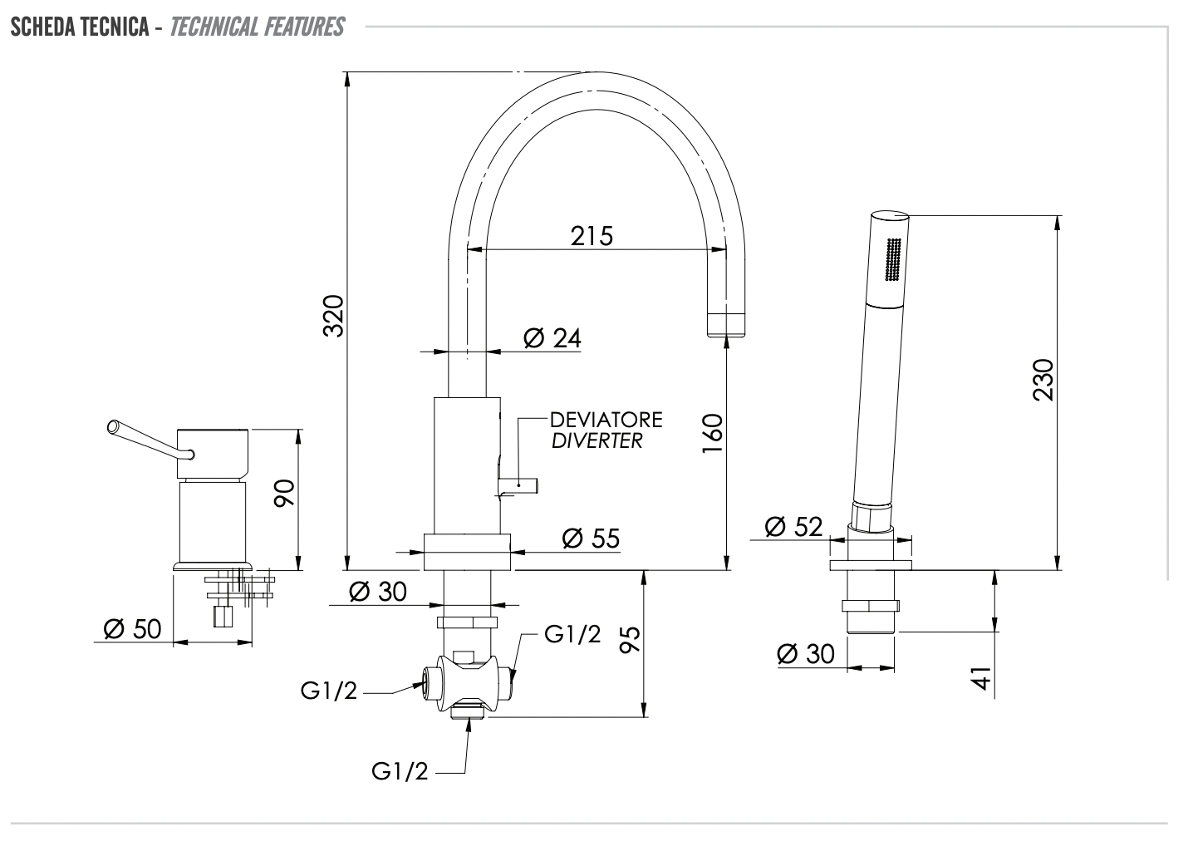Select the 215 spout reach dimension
[x=592, y=236]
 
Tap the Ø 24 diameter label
[x=552, y=338]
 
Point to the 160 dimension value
[x=713, y=433]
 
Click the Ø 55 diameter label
[x=591, y=539]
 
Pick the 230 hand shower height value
[x=1043, y=380]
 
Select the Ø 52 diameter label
[x=793, y=526]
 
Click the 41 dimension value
[x=983, y=677]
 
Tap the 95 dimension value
[x=631, y=640]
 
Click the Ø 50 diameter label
[x=132, y=629]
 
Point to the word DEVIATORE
[x=606, y=419]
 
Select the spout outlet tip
[x=726, y=324]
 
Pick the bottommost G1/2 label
[x=400, y=772]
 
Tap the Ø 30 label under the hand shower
[x=805, y=654]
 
